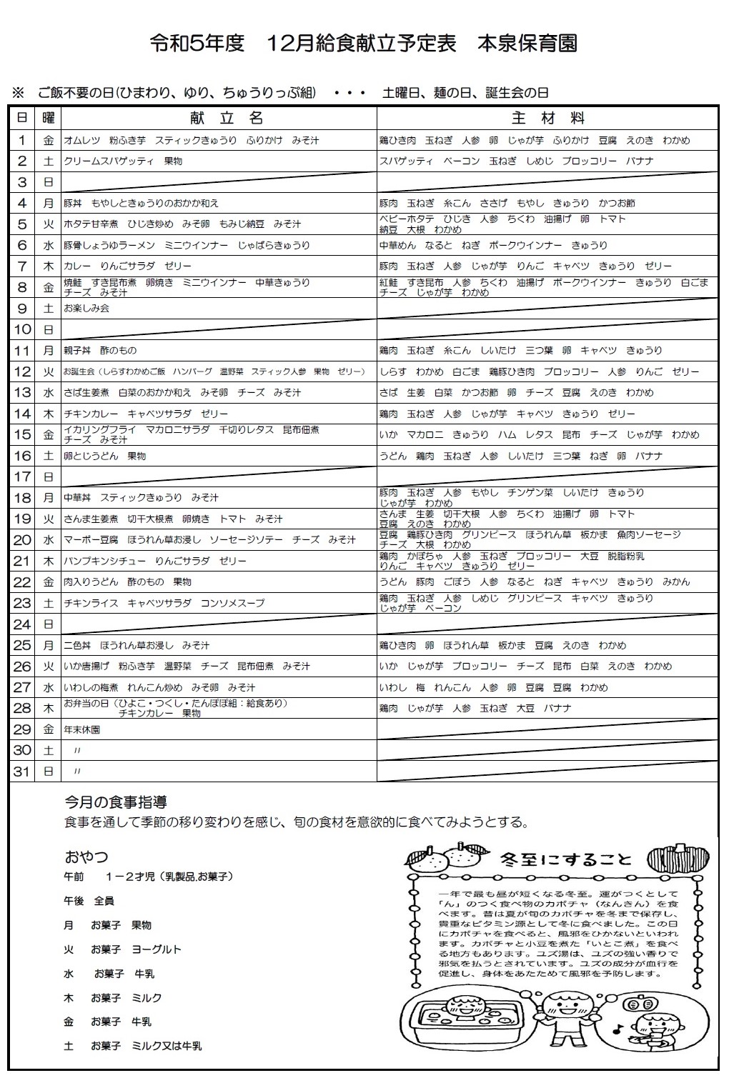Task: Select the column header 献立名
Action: pos(227,118)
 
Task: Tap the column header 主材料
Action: pos(548,118)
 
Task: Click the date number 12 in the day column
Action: pos(22,371)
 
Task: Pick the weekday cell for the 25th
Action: pos(48,645)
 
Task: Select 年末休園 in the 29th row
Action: pos(81,730)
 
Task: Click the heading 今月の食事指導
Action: pos(116,802)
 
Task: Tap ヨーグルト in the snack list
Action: pos(157,949)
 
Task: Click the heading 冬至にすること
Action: pos(567,859)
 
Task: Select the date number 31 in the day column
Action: pos(22,772)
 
